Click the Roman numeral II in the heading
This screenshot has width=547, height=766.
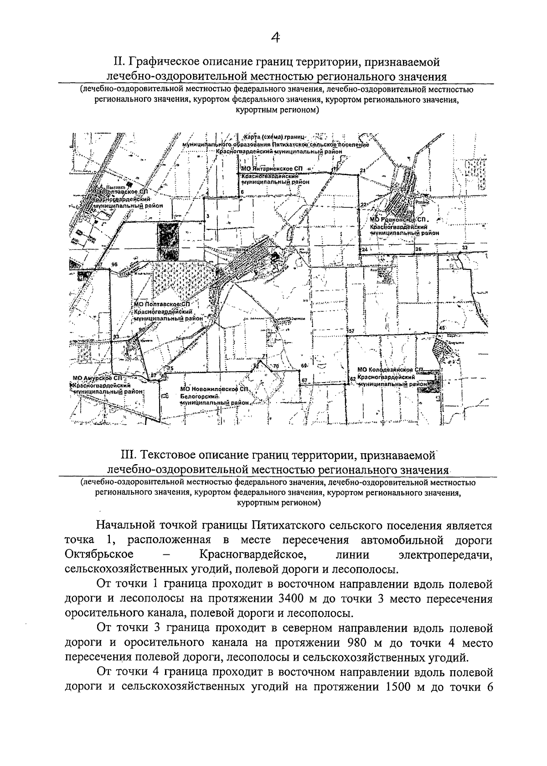point(119,61)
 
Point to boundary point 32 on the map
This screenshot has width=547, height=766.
point(464,248)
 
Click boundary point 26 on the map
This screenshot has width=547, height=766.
point(418,249)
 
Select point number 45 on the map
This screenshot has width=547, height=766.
point(441,328)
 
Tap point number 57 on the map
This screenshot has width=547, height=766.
point(351,331)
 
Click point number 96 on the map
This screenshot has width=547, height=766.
point(114,264)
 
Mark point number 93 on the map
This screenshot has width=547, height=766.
point(116,336)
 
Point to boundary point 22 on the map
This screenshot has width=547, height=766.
point(363,205)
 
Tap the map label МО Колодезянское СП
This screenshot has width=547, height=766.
point(391,370)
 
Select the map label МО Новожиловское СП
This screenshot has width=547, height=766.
point(214,389)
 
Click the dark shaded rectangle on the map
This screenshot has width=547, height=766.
point(167,242)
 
